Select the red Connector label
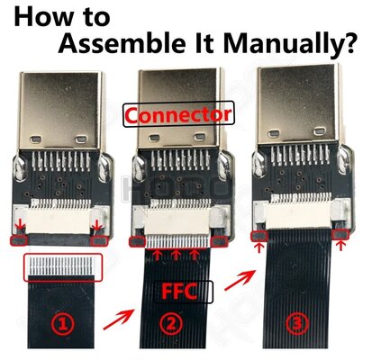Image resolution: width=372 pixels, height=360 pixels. pos(178,114)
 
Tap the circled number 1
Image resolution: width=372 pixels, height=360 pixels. pos(62,324)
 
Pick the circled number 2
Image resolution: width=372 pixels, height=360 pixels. pos(171,324)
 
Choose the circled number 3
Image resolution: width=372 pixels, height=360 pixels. pos(297,324)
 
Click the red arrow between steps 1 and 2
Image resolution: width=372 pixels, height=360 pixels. pos(119,319)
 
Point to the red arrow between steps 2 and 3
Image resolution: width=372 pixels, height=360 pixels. pos(240,280)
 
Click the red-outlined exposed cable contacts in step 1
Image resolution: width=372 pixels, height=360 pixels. pos(63,267)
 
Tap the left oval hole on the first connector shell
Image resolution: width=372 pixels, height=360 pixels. pos(36,139)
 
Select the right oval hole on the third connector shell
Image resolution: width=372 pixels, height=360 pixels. pos(320,131)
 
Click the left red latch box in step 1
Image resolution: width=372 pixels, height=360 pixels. pos(19,240)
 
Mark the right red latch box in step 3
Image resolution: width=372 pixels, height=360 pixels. pos(340,235)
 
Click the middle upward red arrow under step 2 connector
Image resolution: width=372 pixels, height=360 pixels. pos(176,255)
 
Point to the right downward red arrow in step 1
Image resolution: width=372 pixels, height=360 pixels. pos(96,225)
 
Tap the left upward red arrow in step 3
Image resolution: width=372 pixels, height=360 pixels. pos(259,247)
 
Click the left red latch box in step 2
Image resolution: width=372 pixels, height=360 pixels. pos(137,242)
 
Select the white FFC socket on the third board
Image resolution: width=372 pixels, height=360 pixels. pos(298,213)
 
